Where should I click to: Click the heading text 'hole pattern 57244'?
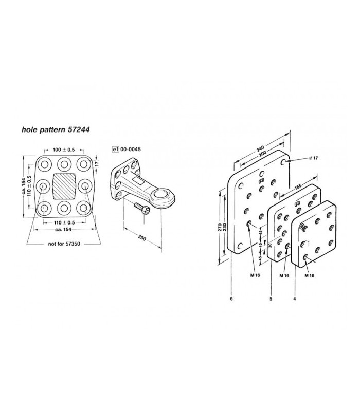click(x=56, y=129)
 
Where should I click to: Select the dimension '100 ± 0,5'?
click(x=64, y=150)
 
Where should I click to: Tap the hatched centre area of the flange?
click(x=64, y=186)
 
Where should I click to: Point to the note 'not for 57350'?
click(x=64, y=244)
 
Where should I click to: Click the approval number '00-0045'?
click(x=131, y=149)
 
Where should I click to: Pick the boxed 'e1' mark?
click(x=115, y=150)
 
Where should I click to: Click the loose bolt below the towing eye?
click(x=142, y=208)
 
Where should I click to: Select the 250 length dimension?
click(x=142, y=238)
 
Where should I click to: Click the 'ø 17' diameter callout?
click(x=314, y=158)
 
